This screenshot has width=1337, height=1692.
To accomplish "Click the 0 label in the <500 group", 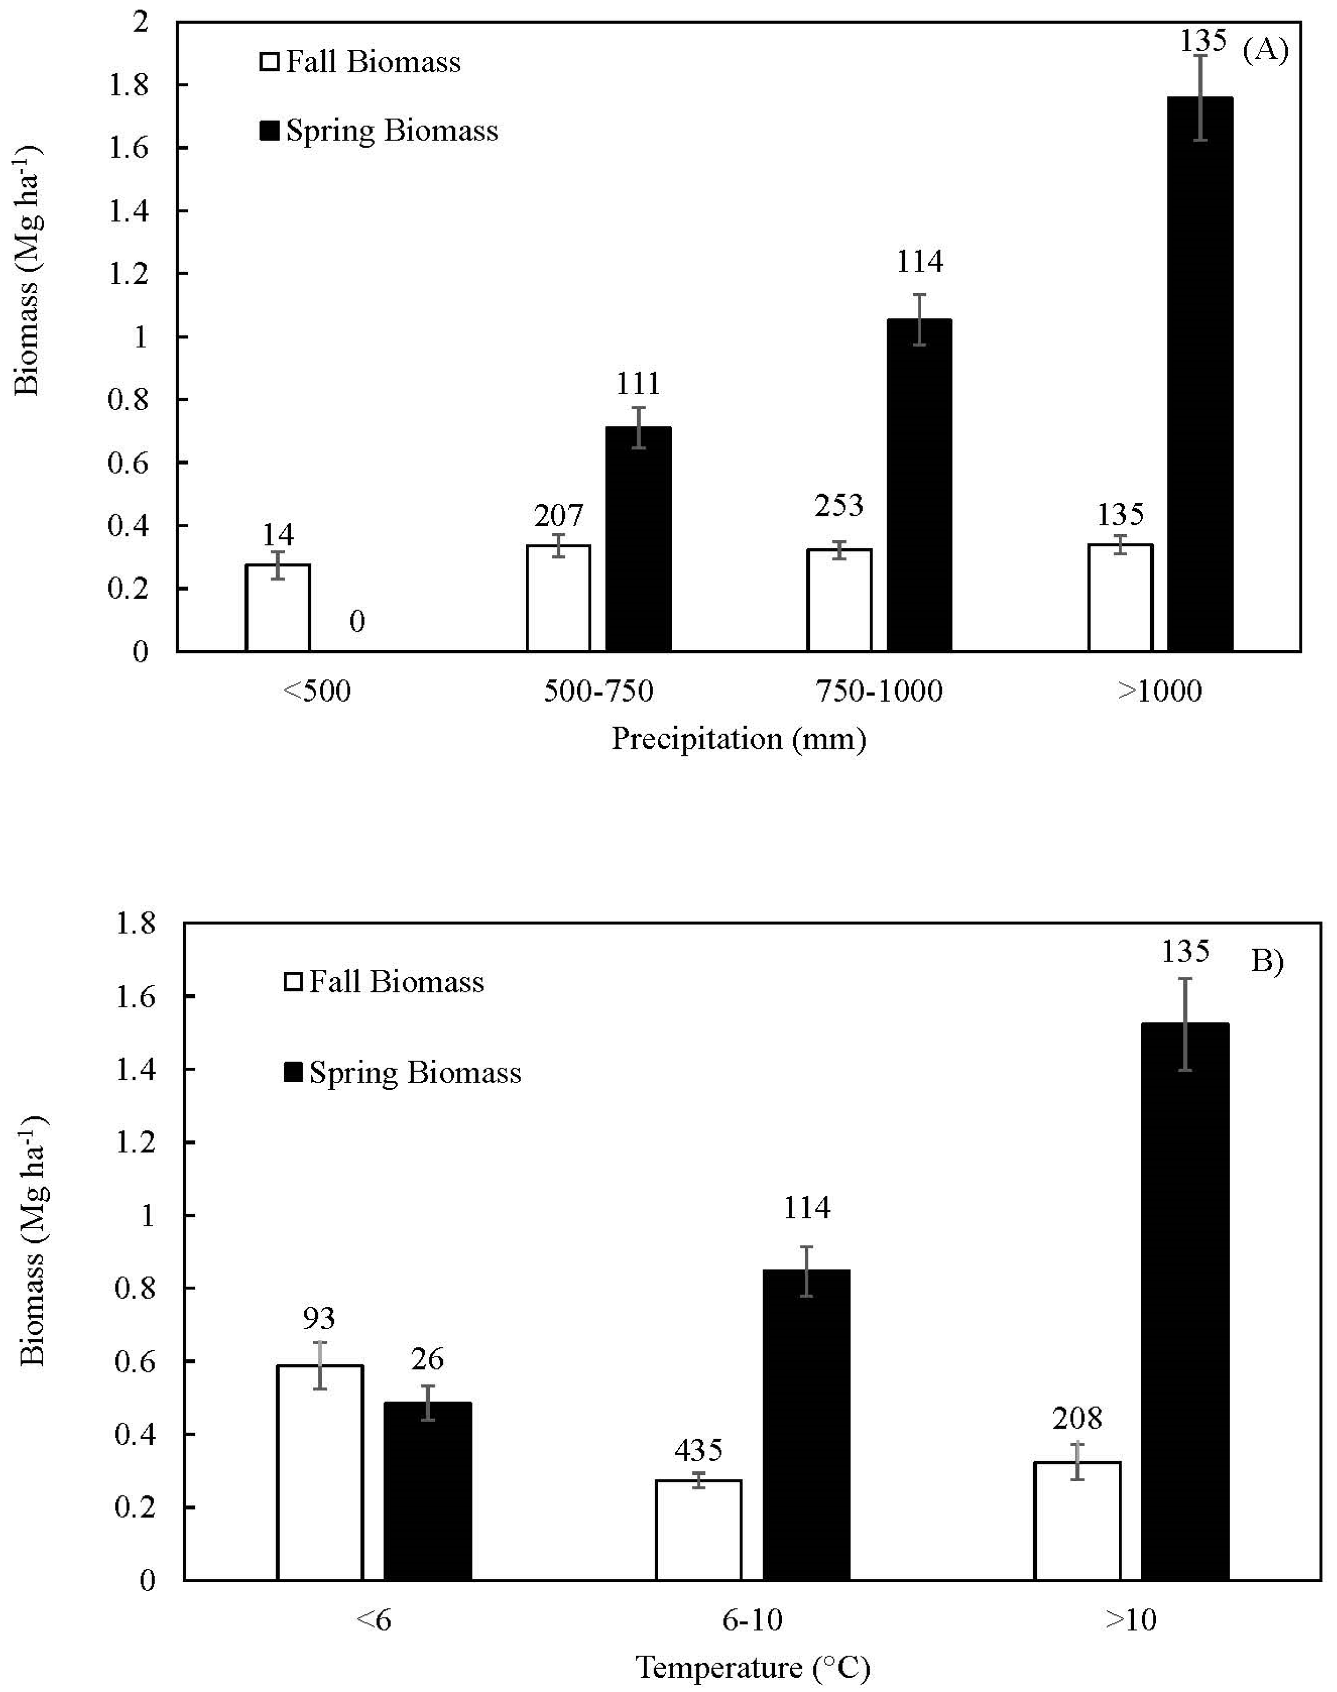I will [x=357, y=621].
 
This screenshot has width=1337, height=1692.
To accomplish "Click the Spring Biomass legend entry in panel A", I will [x=379, y=130].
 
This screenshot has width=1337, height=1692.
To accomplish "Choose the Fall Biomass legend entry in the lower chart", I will [x=383, y=982].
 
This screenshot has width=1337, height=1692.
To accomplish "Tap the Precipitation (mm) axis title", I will [x=738, y=738].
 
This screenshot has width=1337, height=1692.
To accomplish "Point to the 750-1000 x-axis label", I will [x=879, y=691].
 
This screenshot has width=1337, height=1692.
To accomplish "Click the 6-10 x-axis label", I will [x=752, y=1620].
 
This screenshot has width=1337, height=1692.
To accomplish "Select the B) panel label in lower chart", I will [x=1267, y=961].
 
